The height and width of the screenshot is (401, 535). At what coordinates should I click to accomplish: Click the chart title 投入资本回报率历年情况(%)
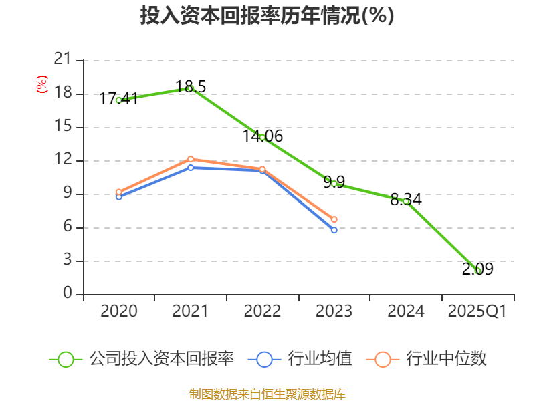[x=267, y=16]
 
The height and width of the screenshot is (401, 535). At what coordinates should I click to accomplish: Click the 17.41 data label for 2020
[x=119, y=99]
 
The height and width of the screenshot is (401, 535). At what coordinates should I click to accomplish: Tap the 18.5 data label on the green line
[x=191, y=86]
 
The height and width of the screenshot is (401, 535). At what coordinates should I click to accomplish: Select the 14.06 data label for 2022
[x=262, y=136]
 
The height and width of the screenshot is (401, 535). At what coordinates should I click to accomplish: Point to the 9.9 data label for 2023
[x=334, y=182]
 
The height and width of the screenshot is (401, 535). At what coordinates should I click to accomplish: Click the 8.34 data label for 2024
[x=406, y=199]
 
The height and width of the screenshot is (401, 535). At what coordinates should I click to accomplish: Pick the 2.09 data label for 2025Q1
[x=477, y=269]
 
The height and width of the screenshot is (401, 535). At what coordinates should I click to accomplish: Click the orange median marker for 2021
[x=191, y=159]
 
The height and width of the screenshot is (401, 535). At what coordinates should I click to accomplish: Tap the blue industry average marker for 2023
[x=334, y=230]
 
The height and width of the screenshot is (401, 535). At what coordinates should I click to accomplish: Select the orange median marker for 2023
[x=334, y=219]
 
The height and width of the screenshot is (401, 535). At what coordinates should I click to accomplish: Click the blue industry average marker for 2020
[x=119, y=196]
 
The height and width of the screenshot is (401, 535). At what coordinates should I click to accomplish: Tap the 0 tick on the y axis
[x=68, y=294]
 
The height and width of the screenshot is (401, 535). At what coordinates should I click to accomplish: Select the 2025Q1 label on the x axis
[x=477, y=311]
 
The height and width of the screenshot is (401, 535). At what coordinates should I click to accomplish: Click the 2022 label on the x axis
[x=262, y=311]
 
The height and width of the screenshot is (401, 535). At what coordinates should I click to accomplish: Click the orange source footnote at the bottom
[x=267, y=394]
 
